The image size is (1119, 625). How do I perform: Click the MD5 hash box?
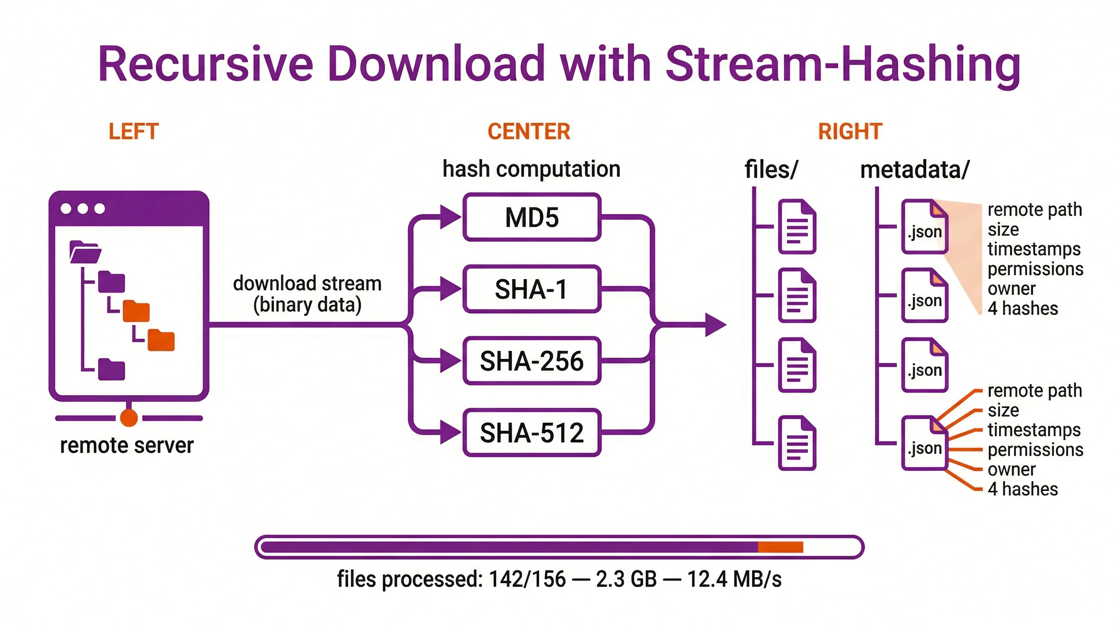(532, 217)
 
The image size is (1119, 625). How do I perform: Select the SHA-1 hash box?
(532, 289)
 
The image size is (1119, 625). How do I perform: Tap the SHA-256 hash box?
(532, 361)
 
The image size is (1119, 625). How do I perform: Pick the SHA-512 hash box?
(532, 433)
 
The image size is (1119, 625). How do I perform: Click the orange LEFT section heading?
(133, 131)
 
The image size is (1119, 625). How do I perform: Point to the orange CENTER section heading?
(529, 131)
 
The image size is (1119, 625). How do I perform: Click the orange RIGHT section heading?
(850, 131)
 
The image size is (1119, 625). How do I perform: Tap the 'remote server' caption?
(126, 445)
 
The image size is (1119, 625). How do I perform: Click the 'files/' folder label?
(771, 170)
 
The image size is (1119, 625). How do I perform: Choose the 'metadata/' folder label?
(915, 170)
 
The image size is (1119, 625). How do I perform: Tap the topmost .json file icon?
(924, 227)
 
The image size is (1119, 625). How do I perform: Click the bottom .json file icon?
(924, 444)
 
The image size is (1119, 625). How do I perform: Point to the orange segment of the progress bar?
(780, 547)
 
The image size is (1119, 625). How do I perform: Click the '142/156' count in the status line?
(527, 579)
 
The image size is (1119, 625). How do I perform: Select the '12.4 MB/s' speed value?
(734, 579)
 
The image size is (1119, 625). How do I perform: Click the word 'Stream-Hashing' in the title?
(842, 64)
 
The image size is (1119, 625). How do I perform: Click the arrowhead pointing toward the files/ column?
(715, 325)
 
